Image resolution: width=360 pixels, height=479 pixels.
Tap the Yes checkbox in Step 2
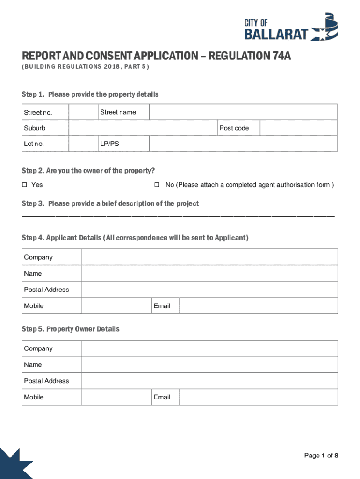[25, 185]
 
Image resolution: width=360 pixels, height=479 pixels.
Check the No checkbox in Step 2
[157, 185]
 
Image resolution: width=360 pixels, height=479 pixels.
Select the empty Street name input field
[243, 112]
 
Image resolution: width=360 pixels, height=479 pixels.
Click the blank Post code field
[298, 128]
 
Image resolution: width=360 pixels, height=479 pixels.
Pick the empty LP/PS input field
[243, 144]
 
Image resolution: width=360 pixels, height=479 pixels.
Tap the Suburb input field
[143, 128]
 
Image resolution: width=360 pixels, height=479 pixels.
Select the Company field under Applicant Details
[209, 257]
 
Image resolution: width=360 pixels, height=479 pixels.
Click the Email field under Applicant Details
[258, 306]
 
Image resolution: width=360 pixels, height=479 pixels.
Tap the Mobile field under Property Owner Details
[116, 397]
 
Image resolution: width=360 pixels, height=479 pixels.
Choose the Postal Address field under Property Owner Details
[209, 381]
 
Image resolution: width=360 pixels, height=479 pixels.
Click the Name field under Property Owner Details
[209, 365]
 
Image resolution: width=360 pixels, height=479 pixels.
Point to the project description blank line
[178, 216]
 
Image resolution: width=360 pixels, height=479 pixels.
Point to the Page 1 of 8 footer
[321, 456]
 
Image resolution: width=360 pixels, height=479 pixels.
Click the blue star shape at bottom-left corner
[14, 466]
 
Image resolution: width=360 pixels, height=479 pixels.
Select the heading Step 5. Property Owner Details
[71, 329]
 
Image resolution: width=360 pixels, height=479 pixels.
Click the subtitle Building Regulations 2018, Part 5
[85, 67]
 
